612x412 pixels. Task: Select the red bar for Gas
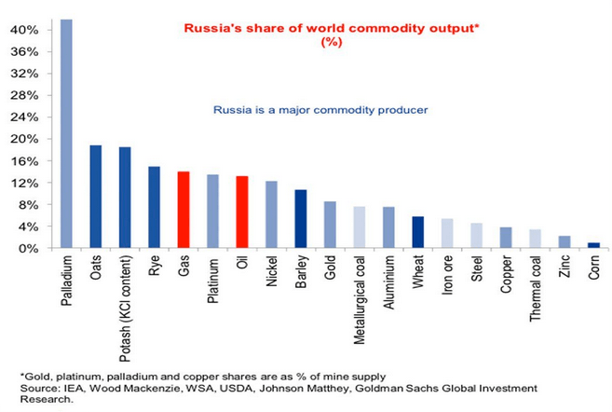tap(184, 210)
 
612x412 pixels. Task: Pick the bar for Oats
tap(95, 197)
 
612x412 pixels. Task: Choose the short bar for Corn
tap(593, 245)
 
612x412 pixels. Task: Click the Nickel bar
tap(271, 214)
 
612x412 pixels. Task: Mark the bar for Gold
tap(330, 225)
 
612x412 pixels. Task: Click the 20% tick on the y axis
tap(26, 139)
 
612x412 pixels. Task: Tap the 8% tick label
tap(29, 205)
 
